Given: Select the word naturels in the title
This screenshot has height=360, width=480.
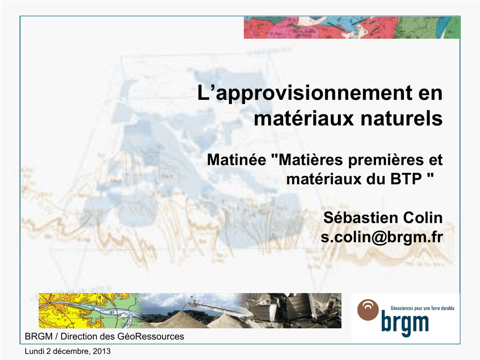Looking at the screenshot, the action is point(402,119).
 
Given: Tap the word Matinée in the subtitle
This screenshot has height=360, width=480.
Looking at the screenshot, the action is point(237,160).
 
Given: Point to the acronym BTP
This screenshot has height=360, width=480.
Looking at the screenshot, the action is point(406,179).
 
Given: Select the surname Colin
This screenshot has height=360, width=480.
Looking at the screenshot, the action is point(423,217).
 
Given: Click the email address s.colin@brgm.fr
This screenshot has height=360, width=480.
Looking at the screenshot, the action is point(382,237).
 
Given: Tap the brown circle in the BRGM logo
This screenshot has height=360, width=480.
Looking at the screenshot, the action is point(368,310).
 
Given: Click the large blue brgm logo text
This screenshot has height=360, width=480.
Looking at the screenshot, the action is point(405,323).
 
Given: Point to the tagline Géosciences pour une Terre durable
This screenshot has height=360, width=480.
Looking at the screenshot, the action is point(422,308).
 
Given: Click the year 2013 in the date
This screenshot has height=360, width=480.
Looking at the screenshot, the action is point(102,351).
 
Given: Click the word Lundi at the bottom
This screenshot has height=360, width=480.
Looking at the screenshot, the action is point(35,351).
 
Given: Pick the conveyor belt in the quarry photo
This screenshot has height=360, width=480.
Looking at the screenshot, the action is point(214,307).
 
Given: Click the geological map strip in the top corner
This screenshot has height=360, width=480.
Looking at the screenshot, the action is point(352,28).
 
